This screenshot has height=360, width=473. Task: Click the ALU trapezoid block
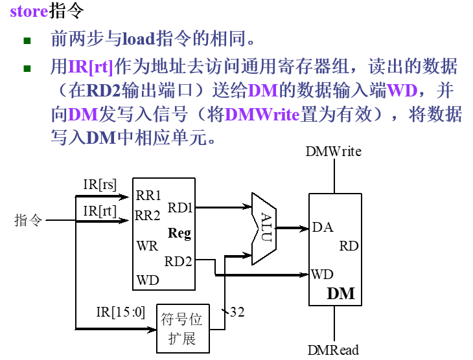264,228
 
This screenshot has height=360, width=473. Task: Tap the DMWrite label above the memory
334,152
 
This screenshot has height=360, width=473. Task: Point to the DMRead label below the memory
333,350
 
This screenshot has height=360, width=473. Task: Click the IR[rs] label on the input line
99,184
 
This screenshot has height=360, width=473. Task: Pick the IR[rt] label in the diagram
98,210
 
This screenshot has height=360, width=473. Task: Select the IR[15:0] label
120,312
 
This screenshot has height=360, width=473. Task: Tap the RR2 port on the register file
148,215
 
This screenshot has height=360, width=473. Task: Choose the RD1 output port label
180,207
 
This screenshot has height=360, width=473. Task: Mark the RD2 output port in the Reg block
178,262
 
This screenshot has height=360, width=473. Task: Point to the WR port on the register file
146,247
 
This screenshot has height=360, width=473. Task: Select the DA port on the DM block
322,227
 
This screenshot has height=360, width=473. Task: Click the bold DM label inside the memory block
341,293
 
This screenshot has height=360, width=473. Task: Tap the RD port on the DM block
349,246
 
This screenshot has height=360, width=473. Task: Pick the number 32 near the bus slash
237,312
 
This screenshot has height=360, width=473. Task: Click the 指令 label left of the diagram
29,220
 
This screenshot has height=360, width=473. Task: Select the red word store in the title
29,11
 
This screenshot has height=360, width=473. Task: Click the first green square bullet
27,41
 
